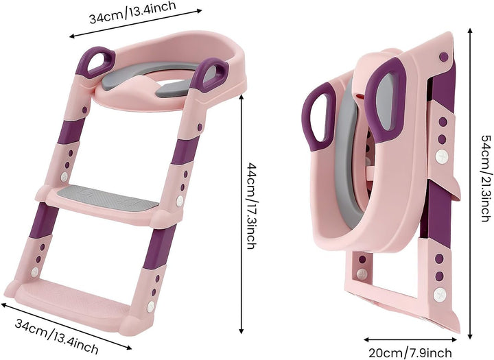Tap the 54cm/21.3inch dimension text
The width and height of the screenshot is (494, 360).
point(486,178)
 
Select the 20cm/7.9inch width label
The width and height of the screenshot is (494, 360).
point(410,352)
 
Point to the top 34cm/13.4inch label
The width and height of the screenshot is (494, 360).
point(132,12)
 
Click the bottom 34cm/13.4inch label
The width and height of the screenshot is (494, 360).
point(56,337)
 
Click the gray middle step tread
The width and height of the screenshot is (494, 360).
point(108,197)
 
